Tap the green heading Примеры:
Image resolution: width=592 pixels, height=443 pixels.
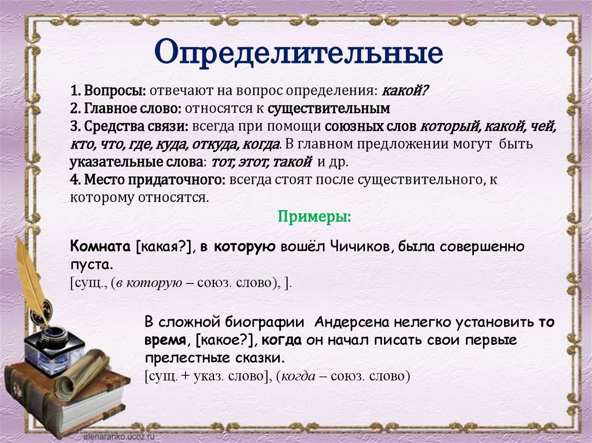pyautogui.click(x=314, y=217)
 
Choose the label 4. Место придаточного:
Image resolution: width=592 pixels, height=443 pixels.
pyautogui.click(x=148, y=180)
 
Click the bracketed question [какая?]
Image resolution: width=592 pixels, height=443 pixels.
pyautogui.click(x=164, y=247)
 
